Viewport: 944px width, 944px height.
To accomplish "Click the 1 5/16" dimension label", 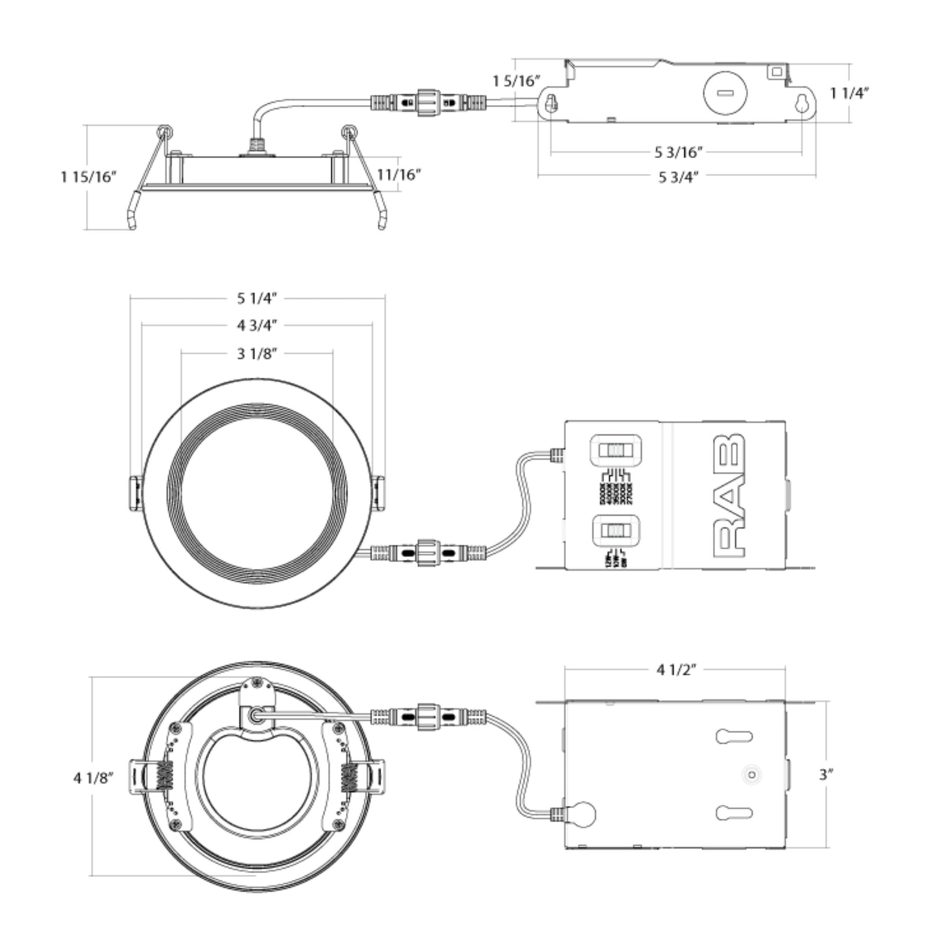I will point(516,81).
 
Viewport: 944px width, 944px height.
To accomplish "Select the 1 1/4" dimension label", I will point(850,93).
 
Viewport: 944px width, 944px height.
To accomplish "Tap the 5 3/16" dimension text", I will point(679,152).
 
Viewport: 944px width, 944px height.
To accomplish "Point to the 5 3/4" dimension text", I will point(679,177).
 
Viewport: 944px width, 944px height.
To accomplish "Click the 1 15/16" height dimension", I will point(89,177).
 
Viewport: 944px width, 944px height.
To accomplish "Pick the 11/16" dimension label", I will point(399,175).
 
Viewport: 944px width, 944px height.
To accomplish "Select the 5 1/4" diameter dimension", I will point(257,298).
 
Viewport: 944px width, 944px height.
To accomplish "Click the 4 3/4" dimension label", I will point(257,326).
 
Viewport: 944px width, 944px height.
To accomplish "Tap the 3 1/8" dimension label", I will point(257,353).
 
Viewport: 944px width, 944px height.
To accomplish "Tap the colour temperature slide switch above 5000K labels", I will point(616,450).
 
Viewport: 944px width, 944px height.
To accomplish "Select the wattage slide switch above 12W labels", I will point(616,531).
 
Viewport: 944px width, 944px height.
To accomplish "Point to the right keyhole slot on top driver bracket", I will point(802,104).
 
